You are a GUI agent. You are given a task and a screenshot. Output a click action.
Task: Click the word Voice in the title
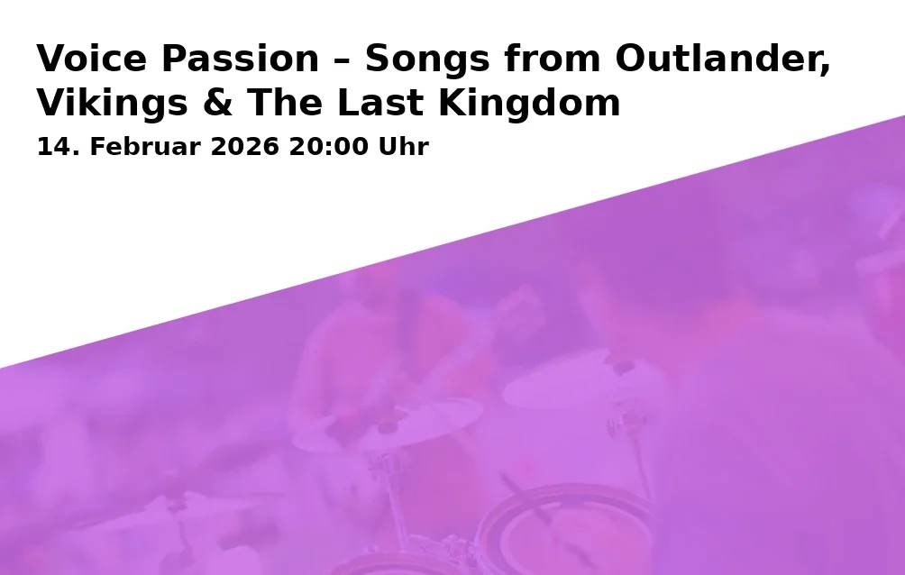[x=92, y=59]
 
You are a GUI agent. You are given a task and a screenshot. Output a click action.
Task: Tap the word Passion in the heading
[x=240, y=59]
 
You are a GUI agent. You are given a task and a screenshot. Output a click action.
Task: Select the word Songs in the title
[x=427, y=59]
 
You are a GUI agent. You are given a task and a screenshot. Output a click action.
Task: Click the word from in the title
[x=553, y=59]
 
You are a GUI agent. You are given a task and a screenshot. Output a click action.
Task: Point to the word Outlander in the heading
[x=723, y=59]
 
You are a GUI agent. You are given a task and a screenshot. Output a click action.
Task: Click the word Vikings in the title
[x=113, y=104]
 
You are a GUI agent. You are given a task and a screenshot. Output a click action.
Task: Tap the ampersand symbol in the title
[x=218, y=103]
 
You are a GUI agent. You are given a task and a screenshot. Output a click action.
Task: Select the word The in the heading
[x=285, y=102]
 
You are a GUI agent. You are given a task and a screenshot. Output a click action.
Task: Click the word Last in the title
[x=380, y=102]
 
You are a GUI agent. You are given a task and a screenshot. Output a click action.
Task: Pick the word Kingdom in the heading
[x=529, y=104]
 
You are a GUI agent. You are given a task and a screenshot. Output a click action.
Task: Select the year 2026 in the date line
[x=245, y=147]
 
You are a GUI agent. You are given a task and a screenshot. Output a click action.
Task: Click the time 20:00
[x=328, y=147]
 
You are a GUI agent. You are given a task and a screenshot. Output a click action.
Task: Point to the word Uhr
[x=404, y=147]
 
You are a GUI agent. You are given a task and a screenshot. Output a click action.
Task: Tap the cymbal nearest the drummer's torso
[x=388, y=424]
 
